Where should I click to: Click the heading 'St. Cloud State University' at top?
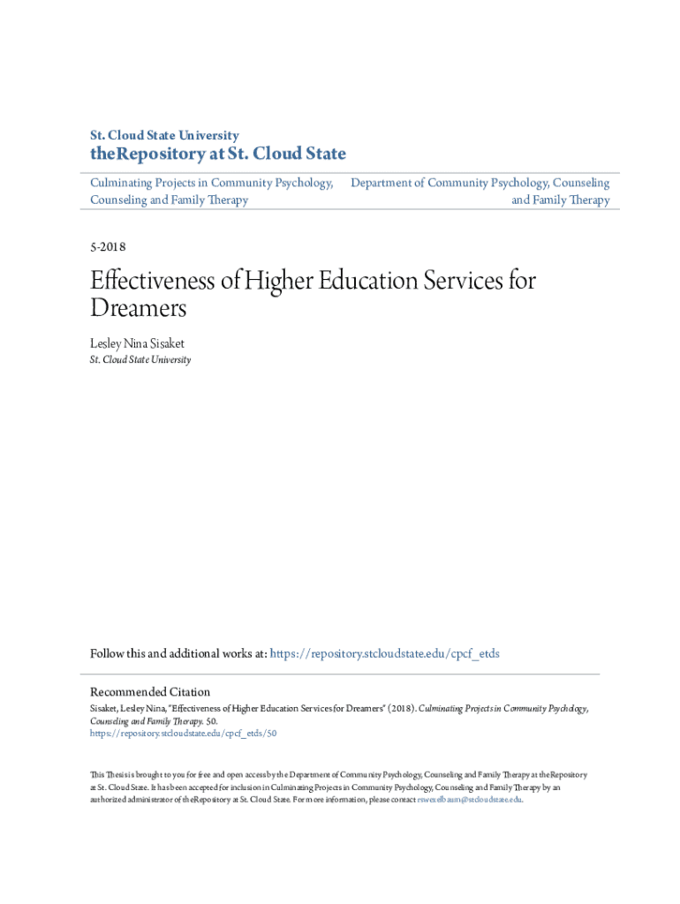click(x=164, y=136)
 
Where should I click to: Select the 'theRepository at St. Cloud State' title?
click(x=218, y=154)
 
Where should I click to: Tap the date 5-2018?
click(x=108, y=247)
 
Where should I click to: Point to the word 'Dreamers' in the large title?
click(x=139, y=310)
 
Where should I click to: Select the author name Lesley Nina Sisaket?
click(x=137, y=343)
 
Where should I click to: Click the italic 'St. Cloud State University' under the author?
click(x=140, y=360)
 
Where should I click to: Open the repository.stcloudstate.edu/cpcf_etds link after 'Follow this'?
click(x=384, y=654)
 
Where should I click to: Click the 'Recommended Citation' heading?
click(x=150, y=692)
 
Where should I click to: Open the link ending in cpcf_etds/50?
click(x=184, y=733)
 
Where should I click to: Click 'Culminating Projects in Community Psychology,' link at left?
click(x=212, y=183)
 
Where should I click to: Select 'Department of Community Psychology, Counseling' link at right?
click(x=480, y=183)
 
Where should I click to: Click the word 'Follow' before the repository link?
click(x=108, y=654)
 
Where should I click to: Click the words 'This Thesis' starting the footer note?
click(x=111, y=775)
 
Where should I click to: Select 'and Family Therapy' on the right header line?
click(x=561, y=200)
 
